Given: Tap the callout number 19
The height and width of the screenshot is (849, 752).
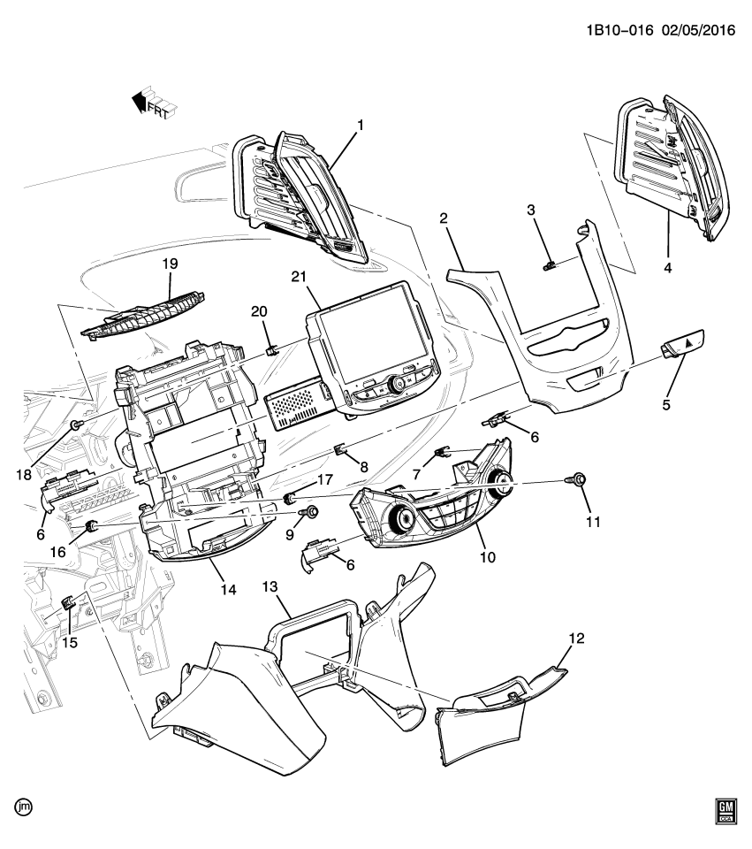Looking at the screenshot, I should (171, 263).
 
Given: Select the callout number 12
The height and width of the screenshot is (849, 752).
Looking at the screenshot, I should (576, 637).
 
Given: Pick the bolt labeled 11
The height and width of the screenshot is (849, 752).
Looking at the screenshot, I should (579, 479).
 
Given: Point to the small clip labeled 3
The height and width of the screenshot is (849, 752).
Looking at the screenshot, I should (549, 264).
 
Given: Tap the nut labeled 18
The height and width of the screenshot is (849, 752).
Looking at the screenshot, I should (76, 427).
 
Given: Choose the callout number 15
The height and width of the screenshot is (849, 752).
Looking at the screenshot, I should (69, 643).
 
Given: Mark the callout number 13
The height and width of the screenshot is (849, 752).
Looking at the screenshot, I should (269, 586).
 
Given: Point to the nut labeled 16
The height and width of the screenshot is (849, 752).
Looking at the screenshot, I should (90, 529).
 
